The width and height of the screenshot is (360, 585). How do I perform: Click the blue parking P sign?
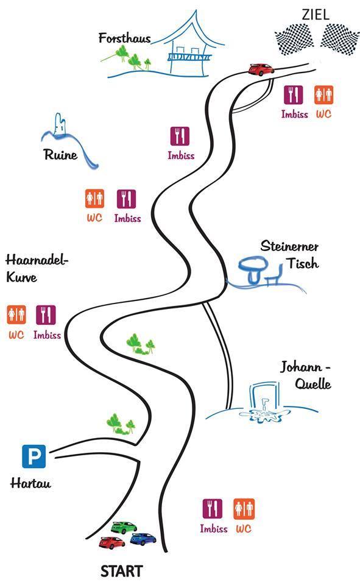coord(34,456)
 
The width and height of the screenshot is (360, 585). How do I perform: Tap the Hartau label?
coord(30,483)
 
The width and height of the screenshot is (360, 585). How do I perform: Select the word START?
coord(122,571)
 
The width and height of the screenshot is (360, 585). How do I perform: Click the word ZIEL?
coord(316,15)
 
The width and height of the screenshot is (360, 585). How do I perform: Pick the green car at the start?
coord(124,528)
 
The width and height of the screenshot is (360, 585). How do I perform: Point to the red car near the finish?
coord(261,69)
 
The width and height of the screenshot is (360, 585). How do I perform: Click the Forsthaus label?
coord(125,38)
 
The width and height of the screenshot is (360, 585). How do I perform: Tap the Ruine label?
coord(61,154)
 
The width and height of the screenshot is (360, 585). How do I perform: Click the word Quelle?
coord(313,383)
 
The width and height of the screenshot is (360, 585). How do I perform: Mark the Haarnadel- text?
coord(37,260)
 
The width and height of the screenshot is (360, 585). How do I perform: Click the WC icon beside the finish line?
coord(323,95)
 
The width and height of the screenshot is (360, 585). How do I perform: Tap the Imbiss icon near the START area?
coord(212,508)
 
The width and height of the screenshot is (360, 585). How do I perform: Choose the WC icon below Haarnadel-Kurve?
coord(16,315)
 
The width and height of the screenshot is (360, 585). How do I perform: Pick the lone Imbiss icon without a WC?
coord(180,136)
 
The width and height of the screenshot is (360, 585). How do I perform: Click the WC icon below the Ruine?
coord(94,199)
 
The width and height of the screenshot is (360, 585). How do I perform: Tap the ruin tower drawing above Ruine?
coord(60,124)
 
